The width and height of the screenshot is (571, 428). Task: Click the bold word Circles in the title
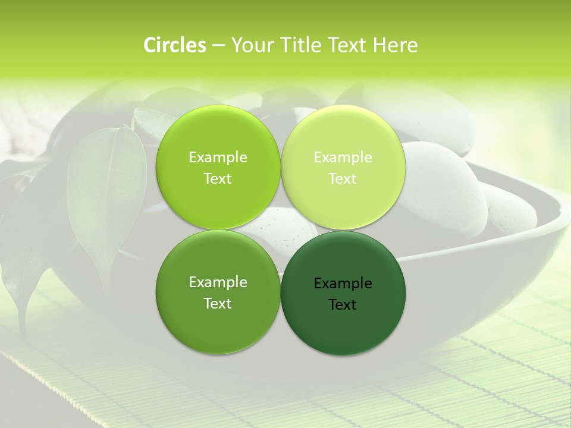coord(175,45)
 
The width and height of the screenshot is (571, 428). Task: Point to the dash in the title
coord(218,46)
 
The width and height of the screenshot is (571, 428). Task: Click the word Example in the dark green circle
coord(343,284)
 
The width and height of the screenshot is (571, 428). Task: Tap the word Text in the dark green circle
coord(343,305)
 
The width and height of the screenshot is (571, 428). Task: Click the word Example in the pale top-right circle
coord(343,158)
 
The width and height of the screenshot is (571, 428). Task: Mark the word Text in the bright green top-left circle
coord(218,179)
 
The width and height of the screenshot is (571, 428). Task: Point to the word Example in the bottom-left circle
coord(218,282)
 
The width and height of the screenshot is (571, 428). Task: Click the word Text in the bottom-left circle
coord(218,304)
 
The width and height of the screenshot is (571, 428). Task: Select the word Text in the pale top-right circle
coord(343,179)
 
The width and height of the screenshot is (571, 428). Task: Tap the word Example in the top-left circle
coord(218,158)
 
